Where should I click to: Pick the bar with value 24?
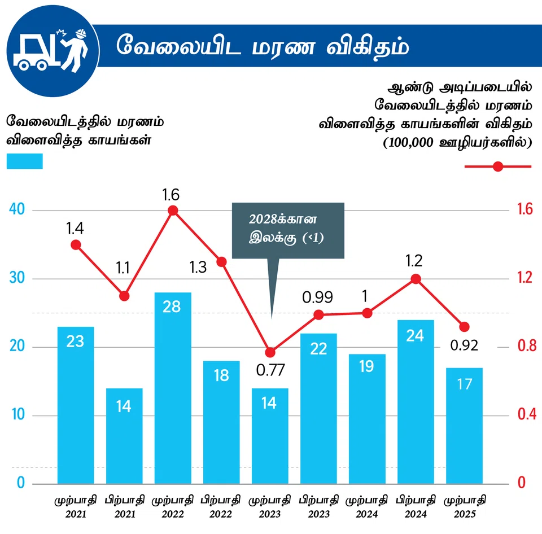pos(416,401)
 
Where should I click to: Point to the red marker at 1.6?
pos(173,211)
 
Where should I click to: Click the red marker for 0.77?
pos(270,352)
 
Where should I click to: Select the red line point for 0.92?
pos(464,327)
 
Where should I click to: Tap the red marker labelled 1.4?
pos(76,244)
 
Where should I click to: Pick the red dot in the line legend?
pos(497,167)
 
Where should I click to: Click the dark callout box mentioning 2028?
pos(287,230)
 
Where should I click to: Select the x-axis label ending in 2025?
pos(465,507)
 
